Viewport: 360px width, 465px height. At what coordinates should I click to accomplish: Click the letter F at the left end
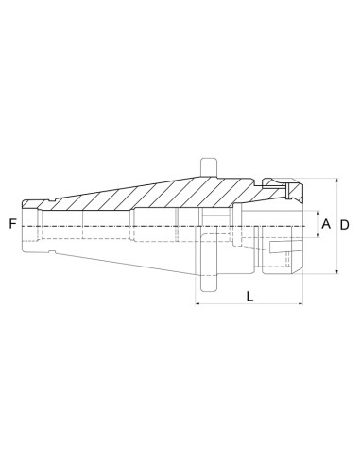[12, 224]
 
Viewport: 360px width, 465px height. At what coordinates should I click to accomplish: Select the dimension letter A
[326, 224]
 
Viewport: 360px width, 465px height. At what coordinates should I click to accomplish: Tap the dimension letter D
[345, 225]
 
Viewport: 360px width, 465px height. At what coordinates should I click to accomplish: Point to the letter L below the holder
[249, 297]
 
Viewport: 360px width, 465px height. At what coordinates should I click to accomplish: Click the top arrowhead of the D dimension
[337, 181]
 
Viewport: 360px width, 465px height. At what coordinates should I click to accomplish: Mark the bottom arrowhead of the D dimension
[337, 271]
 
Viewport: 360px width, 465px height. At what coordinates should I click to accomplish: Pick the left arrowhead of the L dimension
[198, 303]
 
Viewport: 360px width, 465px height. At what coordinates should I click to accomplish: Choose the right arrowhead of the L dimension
[300, 303]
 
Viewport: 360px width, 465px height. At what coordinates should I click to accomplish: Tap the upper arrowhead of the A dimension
[318, 214]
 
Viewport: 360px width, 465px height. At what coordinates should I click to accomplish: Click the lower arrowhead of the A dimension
[318, 234]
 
